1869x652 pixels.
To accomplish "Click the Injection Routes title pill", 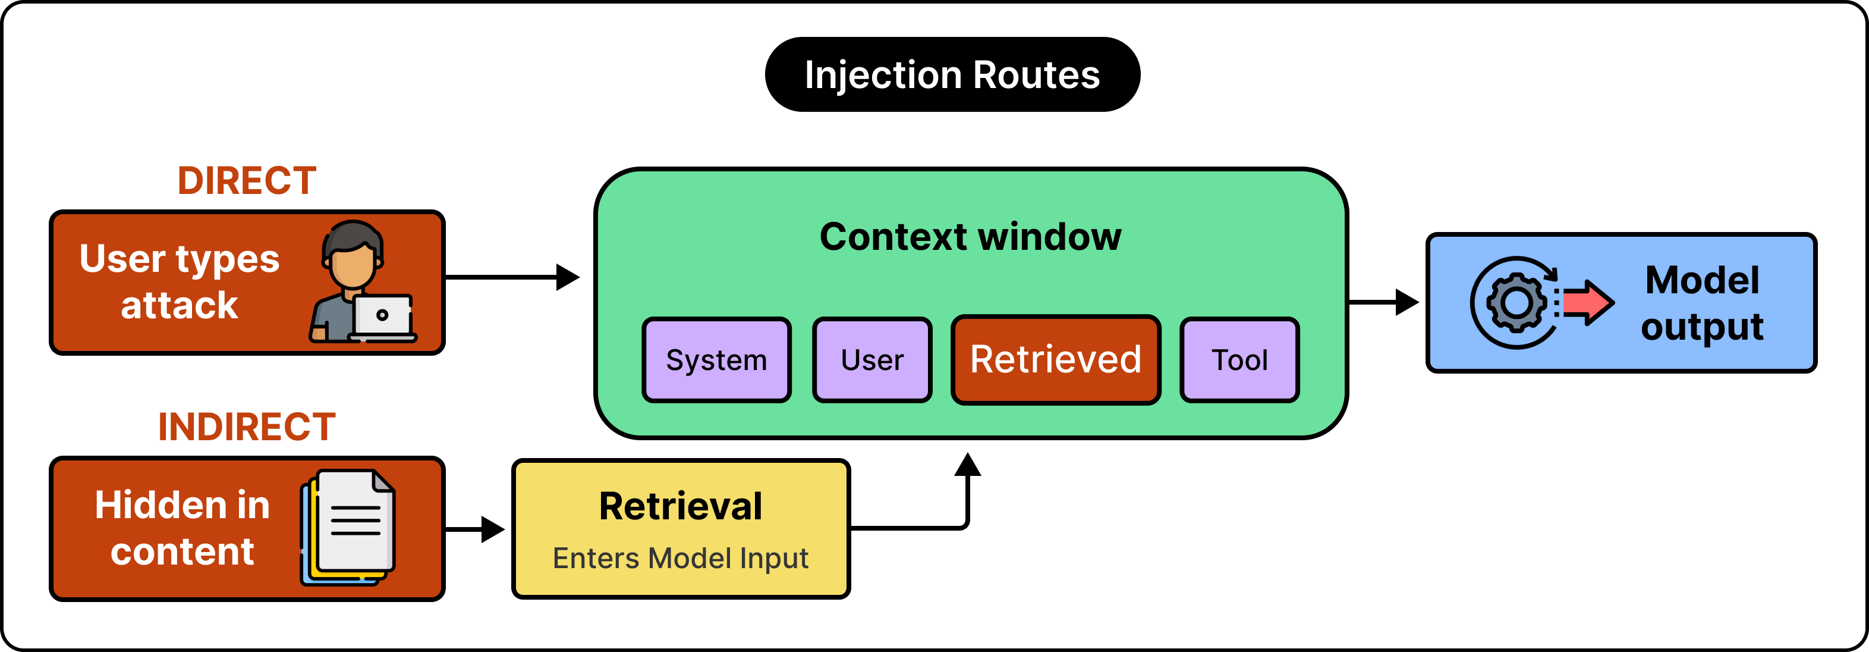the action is tap(952, 74).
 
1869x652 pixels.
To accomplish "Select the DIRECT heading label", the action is tap(247, 180).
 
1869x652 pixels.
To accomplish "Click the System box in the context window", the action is tap(716, 359).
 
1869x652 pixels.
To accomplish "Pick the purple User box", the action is tap(872, 359).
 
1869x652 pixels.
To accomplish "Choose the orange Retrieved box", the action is tap(1056, 359).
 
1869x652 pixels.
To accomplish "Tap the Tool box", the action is tap(1239, 359).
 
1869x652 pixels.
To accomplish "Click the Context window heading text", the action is tap(970, 236).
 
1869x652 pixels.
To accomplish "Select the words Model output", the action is tap(1702, 303).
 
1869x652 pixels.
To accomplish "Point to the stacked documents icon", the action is tap(348, 527).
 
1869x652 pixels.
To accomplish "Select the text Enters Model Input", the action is tap(681, 557).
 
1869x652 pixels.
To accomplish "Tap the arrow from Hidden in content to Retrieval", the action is tap(474, 529).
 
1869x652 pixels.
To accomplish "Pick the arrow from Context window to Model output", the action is tap(1383, 302).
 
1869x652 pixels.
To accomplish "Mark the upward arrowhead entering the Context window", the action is tap(967, 465).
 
